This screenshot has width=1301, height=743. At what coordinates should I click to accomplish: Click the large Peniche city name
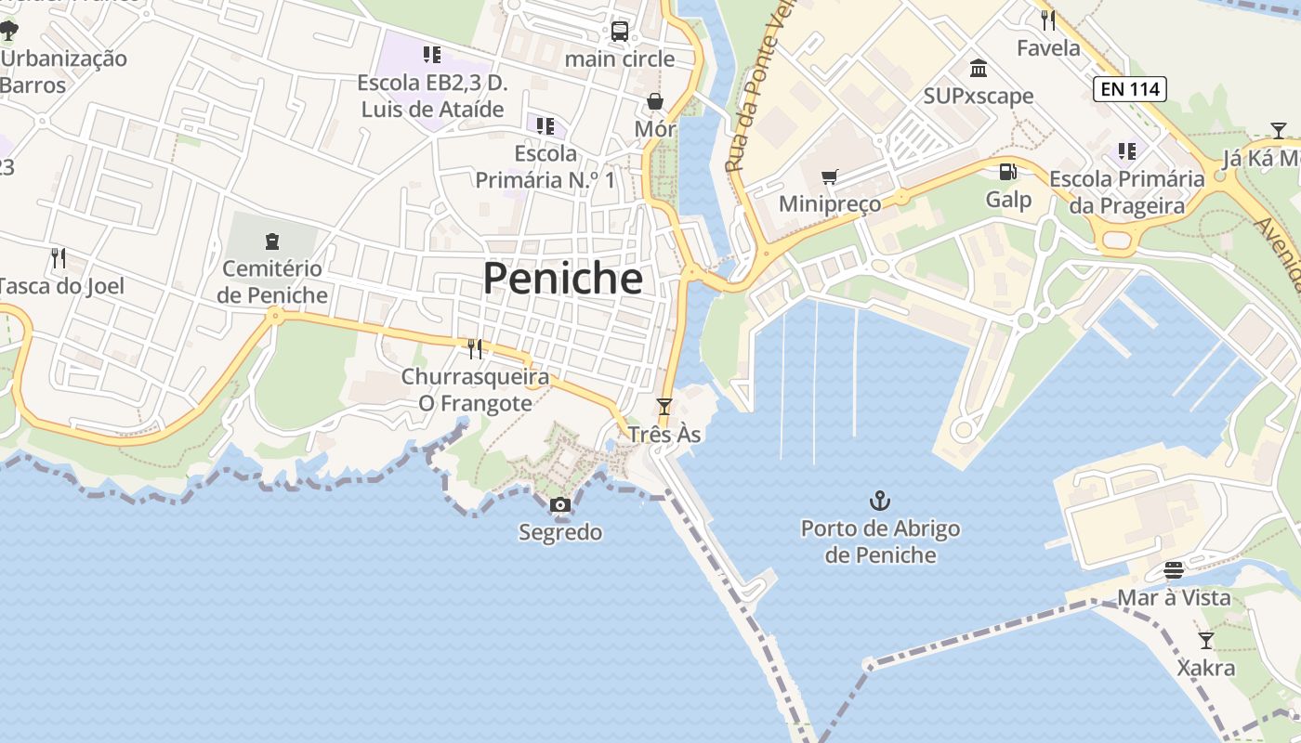(x=562, y=278)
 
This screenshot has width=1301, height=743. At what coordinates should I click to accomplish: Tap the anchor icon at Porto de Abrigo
(x=879, y=502)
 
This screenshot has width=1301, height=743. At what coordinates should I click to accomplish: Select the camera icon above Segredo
(x=559, y=504)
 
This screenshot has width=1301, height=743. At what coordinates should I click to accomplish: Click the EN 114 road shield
(x=1129, y=89)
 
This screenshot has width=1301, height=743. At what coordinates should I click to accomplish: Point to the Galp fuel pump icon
(x=1007, y=172)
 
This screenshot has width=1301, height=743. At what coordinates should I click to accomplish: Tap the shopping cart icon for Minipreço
(x=829, y=176)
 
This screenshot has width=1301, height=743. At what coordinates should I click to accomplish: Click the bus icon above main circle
(x=620, y=31)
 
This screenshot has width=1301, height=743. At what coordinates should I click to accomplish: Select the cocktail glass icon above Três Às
(x=664, y=406)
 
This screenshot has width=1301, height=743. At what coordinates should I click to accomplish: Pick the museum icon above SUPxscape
(x=978, y=69)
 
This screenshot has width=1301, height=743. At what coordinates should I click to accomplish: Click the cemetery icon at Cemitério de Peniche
(x=272, y=241)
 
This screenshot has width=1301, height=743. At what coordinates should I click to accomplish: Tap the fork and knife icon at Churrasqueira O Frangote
(x=475, y=348)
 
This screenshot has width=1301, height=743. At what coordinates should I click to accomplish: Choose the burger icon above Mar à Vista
(x=1173, y=569)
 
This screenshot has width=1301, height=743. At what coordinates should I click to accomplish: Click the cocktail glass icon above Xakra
(x=1205, y=640)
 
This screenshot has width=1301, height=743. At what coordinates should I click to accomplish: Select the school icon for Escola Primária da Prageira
(x=1127, y=150)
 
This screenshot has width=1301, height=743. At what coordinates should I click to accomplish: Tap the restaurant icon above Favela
(x=1047, y=20)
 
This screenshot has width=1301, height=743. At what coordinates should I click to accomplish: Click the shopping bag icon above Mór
(x=655, y=101)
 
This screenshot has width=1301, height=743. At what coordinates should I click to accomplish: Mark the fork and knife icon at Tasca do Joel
(x=59, y=257)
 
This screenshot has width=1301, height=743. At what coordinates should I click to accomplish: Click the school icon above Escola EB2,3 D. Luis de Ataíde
(x=431, y=55)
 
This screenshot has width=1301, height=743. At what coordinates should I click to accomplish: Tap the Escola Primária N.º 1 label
(x=545, y=166)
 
